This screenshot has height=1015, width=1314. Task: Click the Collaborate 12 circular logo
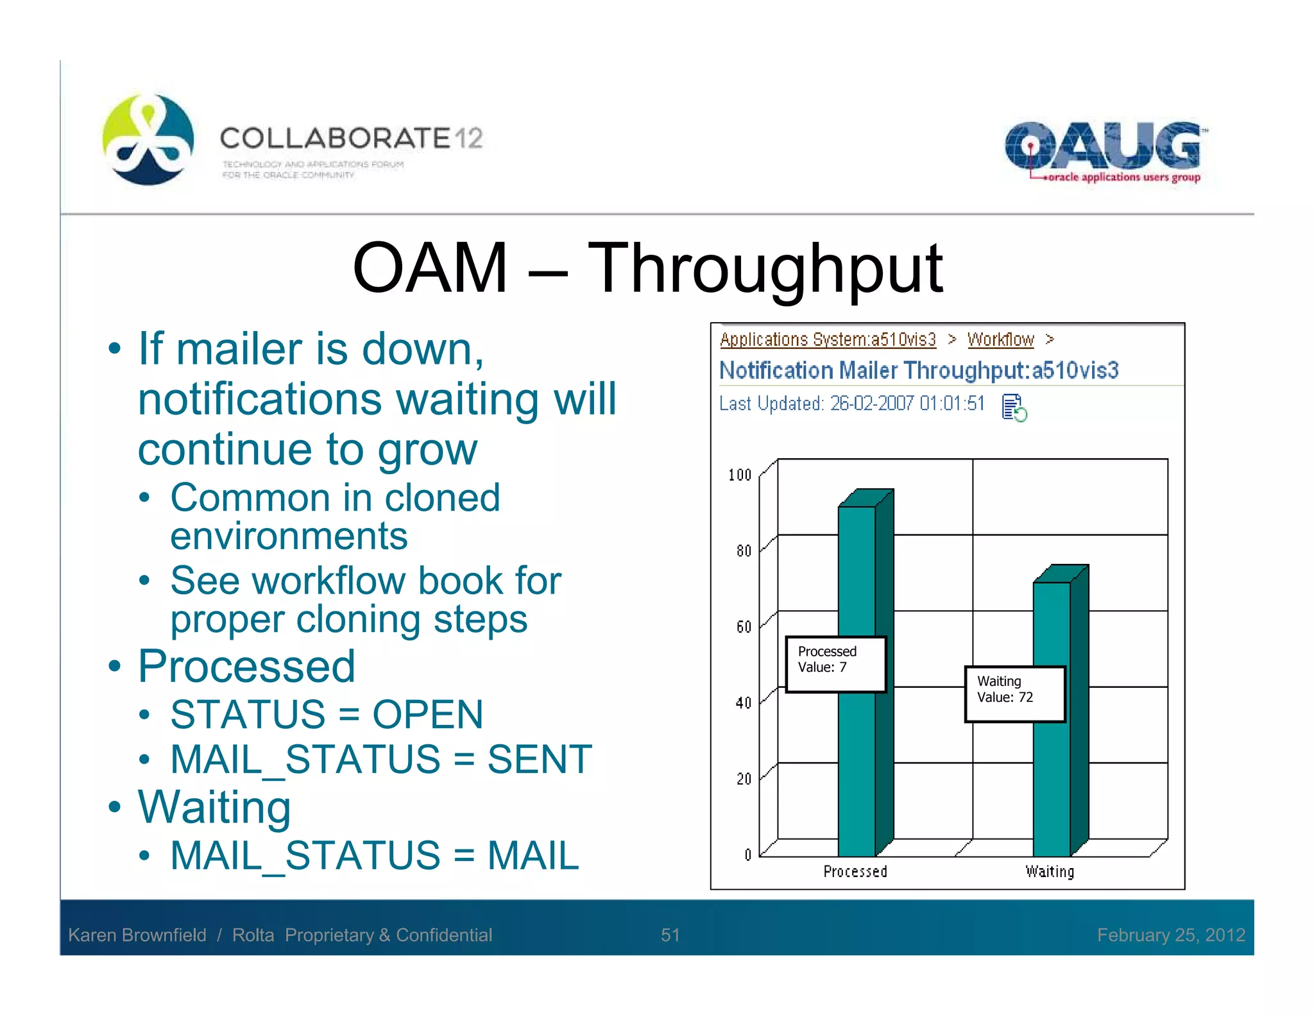pos(148,139)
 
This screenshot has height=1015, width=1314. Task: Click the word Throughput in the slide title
pos(765,268)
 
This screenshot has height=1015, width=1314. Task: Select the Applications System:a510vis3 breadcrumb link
pos(828,339)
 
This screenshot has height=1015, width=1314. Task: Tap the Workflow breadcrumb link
pos(1000,339)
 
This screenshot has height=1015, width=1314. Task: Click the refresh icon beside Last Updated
pos(1014,407)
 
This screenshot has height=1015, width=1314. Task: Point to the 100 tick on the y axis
pos(740,475)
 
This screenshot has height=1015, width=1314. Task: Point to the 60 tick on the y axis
pos(744,627)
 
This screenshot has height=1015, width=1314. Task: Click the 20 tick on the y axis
pos(744,779)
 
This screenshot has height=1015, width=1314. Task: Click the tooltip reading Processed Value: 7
pos(836,664)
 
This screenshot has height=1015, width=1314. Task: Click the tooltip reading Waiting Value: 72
pos(1014,694)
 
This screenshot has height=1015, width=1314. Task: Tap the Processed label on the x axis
pos(855,871)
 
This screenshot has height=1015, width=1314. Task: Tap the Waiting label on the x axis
pos(1050,871)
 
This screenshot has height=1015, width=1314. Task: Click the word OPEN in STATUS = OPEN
pos(427,715)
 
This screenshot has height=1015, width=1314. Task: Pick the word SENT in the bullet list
pos(540,760)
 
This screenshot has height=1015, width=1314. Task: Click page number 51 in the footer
pos(670,935)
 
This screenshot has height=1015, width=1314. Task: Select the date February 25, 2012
pos(1171,935)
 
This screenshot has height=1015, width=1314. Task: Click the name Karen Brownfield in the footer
pos(137,935)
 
